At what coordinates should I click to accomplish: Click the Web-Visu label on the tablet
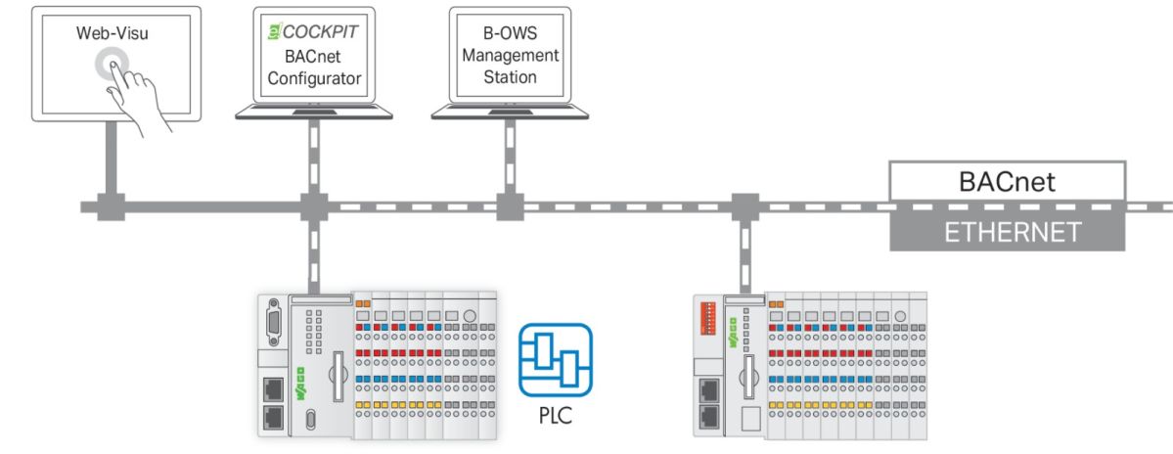point(108,33)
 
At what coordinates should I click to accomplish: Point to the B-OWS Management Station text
point(510,56)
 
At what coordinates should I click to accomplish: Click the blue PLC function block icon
point(556,356)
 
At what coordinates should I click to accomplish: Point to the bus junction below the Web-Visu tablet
point(111,207)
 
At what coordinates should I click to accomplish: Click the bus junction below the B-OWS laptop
point(509,207)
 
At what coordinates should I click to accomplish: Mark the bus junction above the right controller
point(745,207)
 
